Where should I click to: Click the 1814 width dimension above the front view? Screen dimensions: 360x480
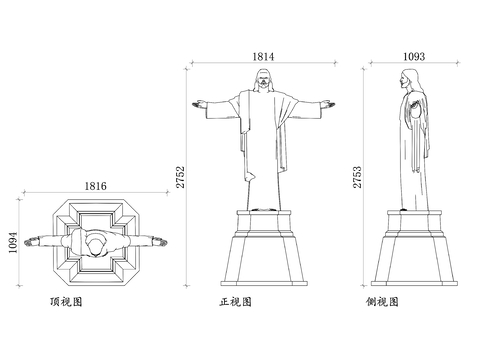tap(262, 58)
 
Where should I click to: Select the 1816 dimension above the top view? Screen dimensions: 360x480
tap(95, 186)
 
